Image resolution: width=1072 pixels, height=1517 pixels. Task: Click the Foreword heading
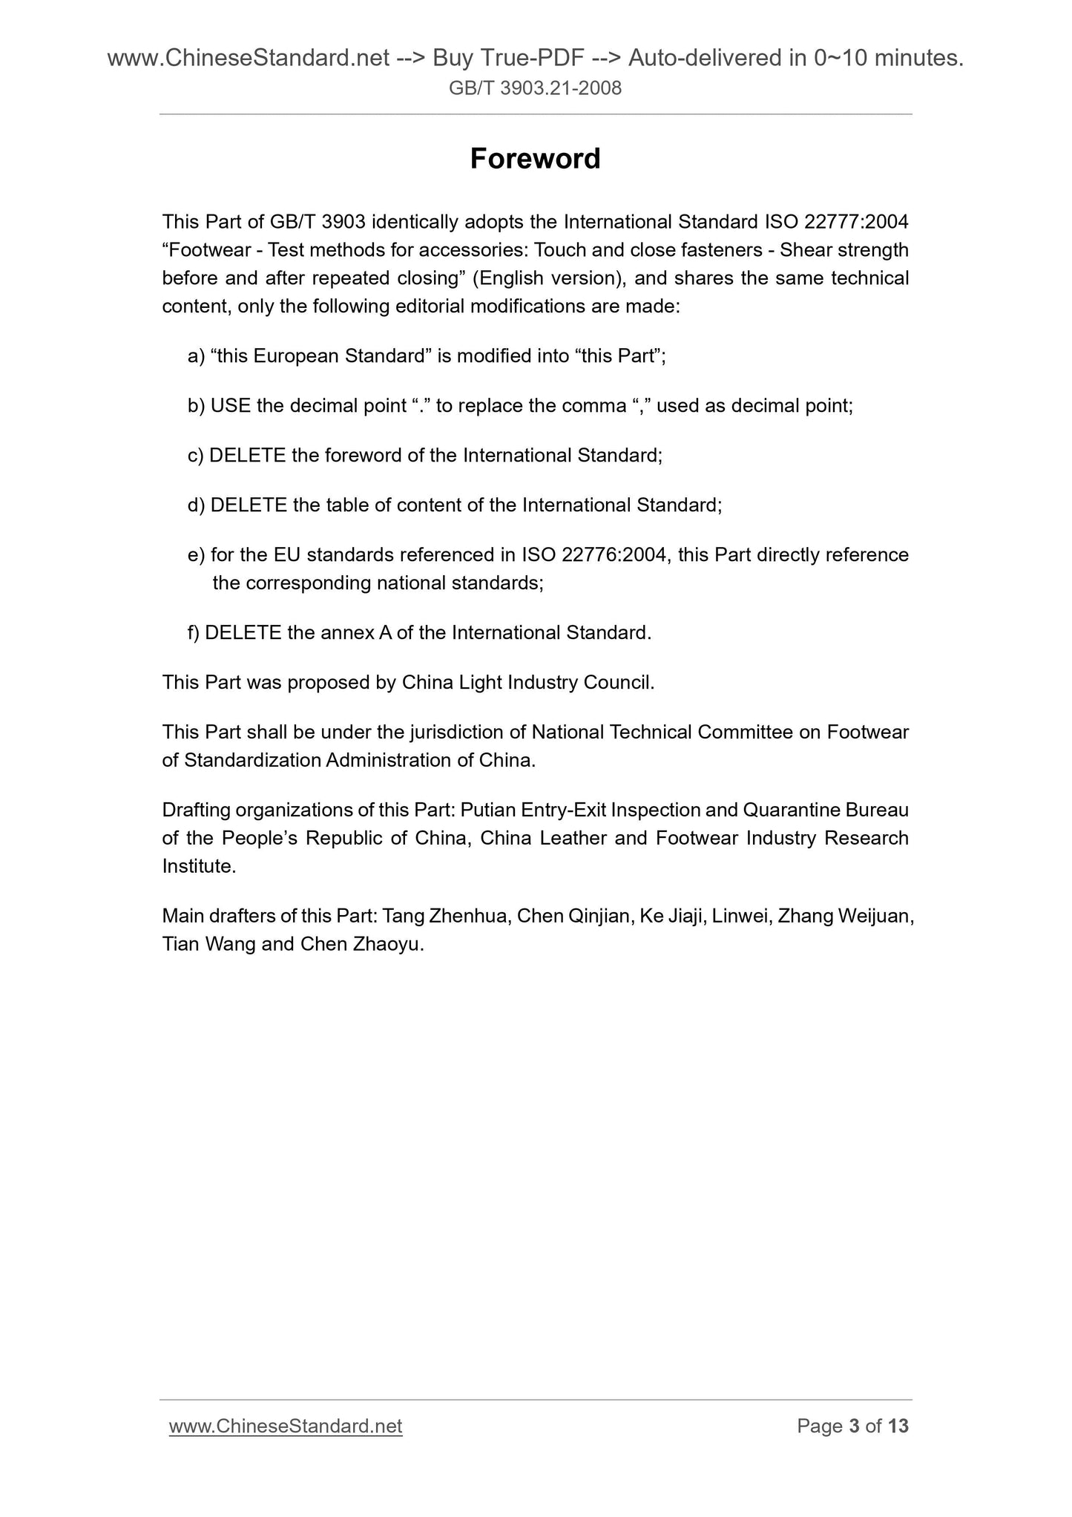(535, 159)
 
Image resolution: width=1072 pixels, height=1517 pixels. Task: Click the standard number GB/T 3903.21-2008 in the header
(535, 89)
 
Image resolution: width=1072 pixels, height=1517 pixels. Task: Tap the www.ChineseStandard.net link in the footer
(286, 1426)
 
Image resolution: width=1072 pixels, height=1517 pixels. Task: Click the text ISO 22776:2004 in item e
(593, 555)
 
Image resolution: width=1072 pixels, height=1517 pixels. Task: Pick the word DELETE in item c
(247, 456)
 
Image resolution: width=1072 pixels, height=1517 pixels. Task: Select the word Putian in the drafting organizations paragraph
(484, 810)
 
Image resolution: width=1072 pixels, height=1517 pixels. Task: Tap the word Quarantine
(789, 810)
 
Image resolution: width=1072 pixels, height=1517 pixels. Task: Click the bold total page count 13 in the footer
(898, 1426)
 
